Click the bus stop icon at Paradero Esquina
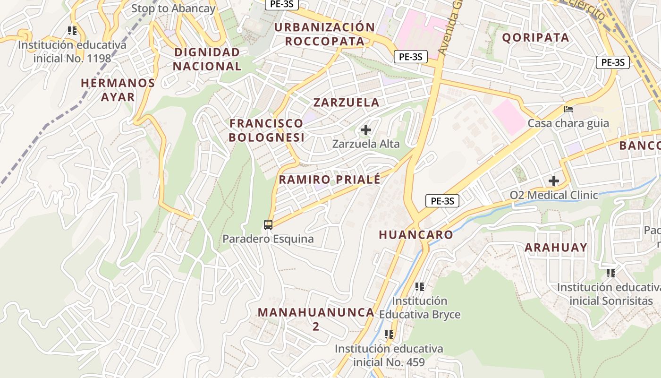pyautogui.click(x=268, y=224)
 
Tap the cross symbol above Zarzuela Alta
pyautogui.click(x=365, y=129)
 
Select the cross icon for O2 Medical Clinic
pyautogui.click(x=553, y=181)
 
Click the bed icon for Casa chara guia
pyautogui.click(x=568, y=109)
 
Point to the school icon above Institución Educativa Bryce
pyautogui.click(x=419, y=286)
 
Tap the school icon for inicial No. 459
pyautogui.click(x=389, y=335)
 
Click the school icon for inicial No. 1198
pyautogui.click(x=72, y=31)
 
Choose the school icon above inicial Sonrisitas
pyautogui.click(x=611, y=273)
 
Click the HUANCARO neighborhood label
pyautogui.click(x=416, y=235)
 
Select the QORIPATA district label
pyautogui.click(x=535, y=38)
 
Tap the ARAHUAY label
pyautogui.click(x=556, y=248)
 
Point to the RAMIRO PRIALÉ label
pyautogui.click(x=330, y=180)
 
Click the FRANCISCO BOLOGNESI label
pyautogui.click(x=267, y=130)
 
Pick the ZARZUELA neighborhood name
pyautogui.click(x=347, y=103)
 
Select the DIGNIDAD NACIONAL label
pyautogui.click(x=207, y=59)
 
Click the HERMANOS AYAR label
pyautogui.click(x=118, y=90)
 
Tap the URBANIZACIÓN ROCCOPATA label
pyautogui.click(x=325, y=34)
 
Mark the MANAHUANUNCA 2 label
pyautogui.click(x=316, y=319)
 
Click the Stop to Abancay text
pyautogui.click(x=173, y=9)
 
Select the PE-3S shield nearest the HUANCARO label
pyautogui.click(x=442, y=201)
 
